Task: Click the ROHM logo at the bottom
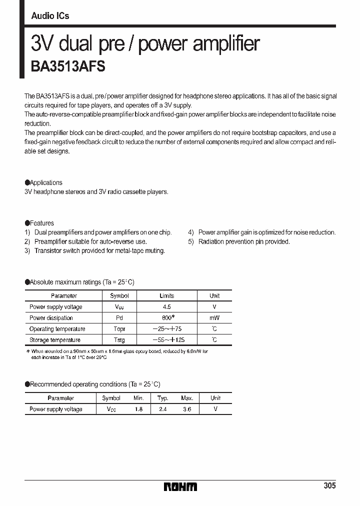[x=180, y=486]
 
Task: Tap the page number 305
[x=329, y=485]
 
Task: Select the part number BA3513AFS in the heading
[x=68, y=67]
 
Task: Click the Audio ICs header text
[x=50, y=16]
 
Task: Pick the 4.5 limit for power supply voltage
[x=166, y=307]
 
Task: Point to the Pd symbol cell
[x=119, y=318]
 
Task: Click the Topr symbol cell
[x=119, y=329]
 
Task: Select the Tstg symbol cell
[x=119, y=340]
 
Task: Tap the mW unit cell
[x=214, y=318]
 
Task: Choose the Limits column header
[x=166, y=296]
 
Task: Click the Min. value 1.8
[x=138, y=409]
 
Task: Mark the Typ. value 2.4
[x=162, y=409]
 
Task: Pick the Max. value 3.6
[x=186, y=409]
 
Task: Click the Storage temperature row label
[x=55, y=340]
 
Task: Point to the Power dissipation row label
[x=51, y=318]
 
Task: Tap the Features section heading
[x=41, y=223]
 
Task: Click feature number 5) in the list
[x=191, y=241]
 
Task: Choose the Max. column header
[x=186, y=398]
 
